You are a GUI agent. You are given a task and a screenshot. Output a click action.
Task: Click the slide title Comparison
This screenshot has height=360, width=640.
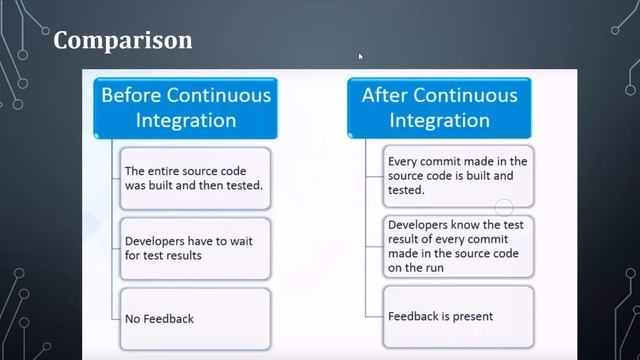tap(122, 41)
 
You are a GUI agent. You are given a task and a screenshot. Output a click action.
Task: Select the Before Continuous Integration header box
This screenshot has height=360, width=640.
tap(186, 108)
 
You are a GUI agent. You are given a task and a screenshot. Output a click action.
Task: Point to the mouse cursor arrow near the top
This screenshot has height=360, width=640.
tap(360, 56)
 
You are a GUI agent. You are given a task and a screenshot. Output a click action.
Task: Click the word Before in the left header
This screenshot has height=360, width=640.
tap(131, 96)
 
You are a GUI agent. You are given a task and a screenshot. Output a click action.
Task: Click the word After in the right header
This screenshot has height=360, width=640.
tap(385, 96)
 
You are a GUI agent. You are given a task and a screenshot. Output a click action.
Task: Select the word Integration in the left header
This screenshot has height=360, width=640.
tap(186, 121)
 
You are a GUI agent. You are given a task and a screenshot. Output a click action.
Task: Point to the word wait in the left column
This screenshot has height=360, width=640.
tap(242, 241)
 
